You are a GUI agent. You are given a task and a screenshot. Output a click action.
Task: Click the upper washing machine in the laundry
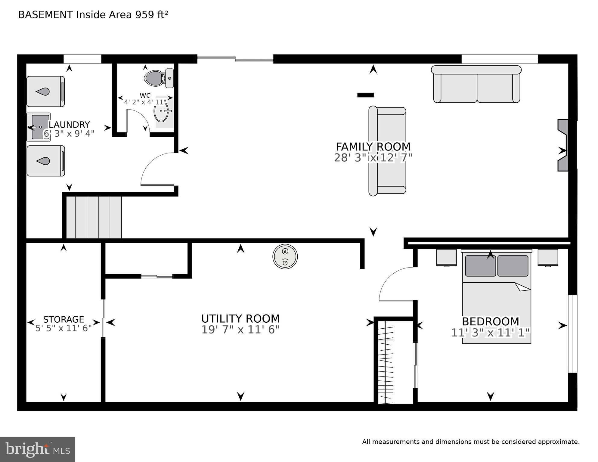coord(45,91)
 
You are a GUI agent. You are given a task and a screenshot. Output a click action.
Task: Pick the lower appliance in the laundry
coord(46,161)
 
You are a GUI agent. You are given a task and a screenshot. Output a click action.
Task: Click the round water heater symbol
coord(285,256)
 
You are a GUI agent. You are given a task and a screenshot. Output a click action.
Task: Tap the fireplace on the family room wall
coord(562,145)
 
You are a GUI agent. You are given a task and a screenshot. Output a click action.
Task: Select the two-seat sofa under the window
coord(476,85)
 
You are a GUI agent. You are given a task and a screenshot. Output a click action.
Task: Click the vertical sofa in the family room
coord(387,151)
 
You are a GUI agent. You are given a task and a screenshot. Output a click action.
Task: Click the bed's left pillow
coord(480,266)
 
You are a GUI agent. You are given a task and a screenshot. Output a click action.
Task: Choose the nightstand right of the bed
coord(548,258)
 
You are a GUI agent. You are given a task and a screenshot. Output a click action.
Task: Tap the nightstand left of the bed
coord(446,258)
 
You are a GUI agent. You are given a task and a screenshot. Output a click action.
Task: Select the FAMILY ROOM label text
coord(373,147)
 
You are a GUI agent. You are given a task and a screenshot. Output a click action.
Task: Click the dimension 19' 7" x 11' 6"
coord(240,330)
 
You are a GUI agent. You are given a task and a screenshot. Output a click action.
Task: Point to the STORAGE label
coord(64,319)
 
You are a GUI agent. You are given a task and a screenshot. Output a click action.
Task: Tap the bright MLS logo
coord(37,450)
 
